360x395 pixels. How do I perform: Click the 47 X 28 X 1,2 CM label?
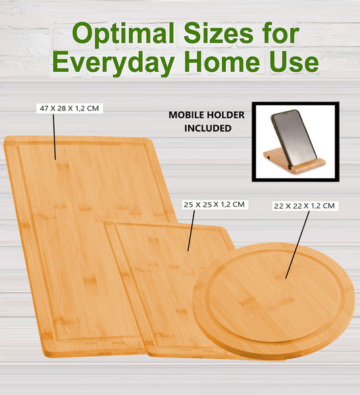coord(70,107)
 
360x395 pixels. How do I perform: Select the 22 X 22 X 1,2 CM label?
coord(305,206)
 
